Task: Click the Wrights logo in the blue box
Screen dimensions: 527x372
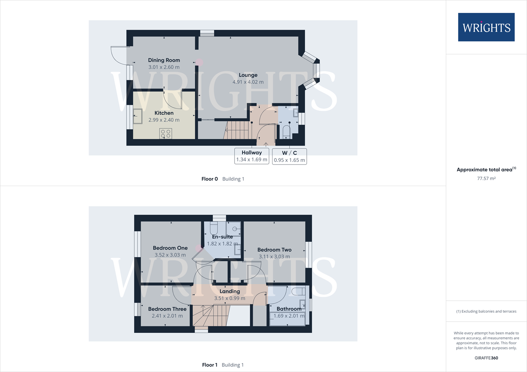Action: [486, 27]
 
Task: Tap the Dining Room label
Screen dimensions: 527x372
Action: [164, 60]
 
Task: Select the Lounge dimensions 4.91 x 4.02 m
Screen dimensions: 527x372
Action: [248, 82]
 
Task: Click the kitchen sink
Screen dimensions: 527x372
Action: [138, 116]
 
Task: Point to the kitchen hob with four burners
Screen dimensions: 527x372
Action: [166, 133]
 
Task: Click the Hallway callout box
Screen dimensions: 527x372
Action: [252, 156]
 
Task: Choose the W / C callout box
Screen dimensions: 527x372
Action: [289, 156]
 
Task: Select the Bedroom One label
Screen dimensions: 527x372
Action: [170, 248]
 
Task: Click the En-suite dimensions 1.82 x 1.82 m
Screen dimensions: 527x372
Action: [223, 244]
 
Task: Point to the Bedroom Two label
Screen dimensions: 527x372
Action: [274, 250]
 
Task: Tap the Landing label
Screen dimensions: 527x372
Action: [230, 291]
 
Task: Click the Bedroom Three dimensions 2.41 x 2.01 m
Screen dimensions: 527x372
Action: [167, 316]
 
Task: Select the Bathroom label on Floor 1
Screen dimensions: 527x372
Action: [289, 309]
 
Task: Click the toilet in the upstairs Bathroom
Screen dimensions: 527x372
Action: [298, 291]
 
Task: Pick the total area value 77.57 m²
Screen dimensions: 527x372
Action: [486, 178]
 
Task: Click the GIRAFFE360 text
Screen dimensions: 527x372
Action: [486, 358]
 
